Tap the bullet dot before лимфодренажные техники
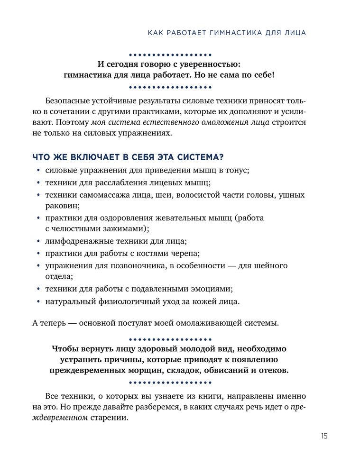pyautogui.click(x=38, y=241)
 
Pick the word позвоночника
pyautogui.click(x=133, y=265)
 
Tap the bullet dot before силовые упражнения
pyautogui.click(x=38, y=170)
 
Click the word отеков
pyautogui.click(x=273, y=370)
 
